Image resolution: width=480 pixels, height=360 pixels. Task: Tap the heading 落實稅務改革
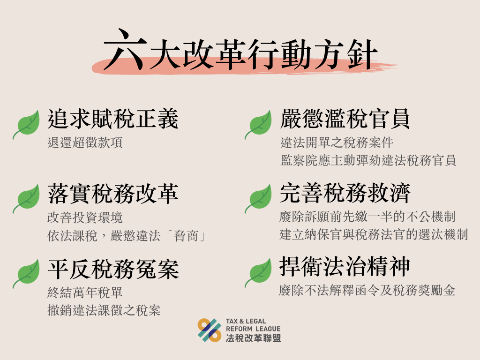pos(113,194)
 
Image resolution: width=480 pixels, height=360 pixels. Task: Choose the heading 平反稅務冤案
pos(113,270)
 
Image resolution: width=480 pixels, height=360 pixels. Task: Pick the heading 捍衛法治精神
pos(345,267)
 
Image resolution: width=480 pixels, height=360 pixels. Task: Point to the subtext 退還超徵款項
pos(85,142)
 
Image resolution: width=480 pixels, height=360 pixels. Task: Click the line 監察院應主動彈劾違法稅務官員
pos(368,160)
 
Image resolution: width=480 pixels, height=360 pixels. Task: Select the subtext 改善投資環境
pos(85,217)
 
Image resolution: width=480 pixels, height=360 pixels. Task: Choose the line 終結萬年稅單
pos(85,292)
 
